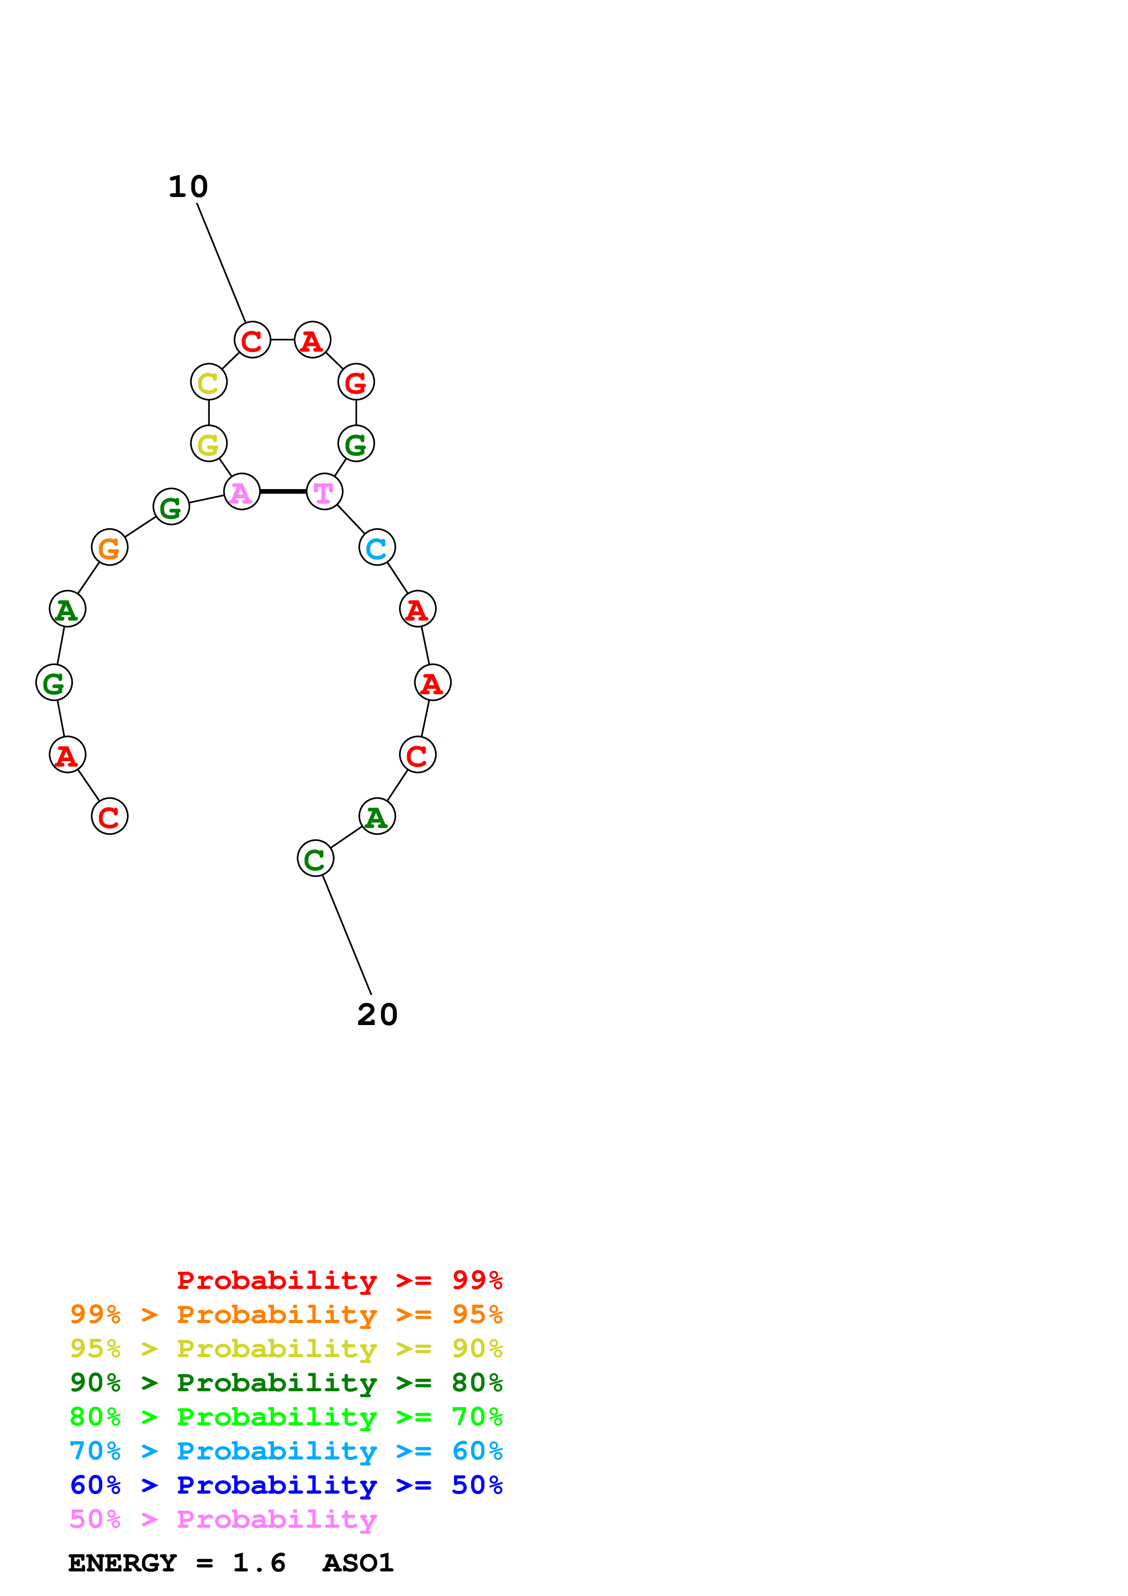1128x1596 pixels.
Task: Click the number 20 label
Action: point(377,1015)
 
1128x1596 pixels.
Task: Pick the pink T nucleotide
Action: point(324,492)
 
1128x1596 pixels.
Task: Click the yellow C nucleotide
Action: point(208,382)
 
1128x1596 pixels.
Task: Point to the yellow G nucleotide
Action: point(208,444)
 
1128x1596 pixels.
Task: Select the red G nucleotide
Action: point(356,382)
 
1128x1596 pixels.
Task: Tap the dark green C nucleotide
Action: point(315,859)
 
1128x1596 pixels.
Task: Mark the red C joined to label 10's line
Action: point(252,340)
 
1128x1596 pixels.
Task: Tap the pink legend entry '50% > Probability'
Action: point(223,1519)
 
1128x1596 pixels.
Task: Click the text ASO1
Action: point(358,1563)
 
